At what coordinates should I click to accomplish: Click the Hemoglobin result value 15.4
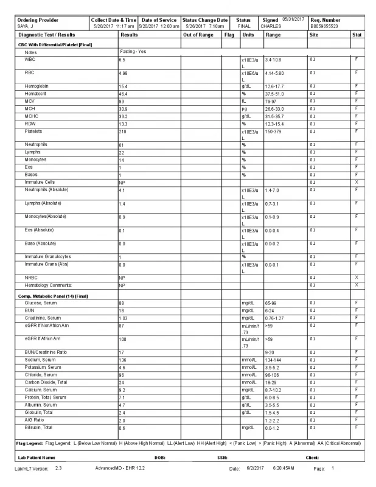(x=124, y=86)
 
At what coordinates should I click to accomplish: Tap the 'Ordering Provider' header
(x=38, y=20)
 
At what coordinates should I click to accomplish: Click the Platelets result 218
(x=123, y=131)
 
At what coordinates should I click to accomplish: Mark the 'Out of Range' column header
(x=198, y=35)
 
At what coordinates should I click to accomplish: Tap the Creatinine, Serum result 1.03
(x=124, y=318)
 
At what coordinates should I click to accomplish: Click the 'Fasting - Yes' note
(x=133, y=52)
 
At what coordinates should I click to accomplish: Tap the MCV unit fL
(x=243, y=101)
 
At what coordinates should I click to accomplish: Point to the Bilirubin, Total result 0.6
(x=122, y=427)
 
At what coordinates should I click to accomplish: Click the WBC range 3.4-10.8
(x=273, y=60)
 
